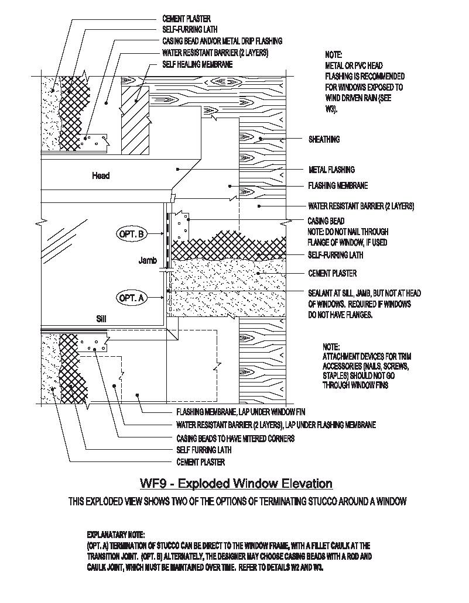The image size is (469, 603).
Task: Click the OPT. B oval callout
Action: click(132, 235)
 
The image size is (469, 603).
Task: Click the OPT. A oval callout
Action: click(132, 298)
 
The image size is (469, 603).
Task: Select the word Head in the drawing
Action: click(101, 175)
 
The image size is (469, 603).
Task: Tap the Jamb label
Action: click(148, 261)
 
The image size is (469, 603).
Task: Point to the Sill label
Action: click(103, 319)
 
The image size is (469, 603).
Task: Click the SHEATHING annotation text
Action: click(324, 140)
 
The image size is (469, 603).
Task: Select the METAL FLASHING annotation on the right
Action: click(331, 170)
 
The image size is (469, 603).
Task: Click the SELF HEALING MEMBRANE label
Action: click(197, 64)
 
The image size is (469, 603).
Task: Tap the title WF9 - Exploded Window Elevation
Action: click(236, 484)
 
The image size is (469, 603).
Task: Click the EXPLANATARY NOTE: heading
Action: click(115, 535)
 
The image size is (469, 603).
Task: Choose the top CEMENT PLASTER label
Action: click(186, 19)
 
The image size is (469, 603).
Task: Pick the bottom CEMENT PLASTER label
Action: click(200, 462)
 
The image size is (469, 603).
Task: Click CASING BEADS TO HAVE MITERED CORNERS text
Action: click(235, 438)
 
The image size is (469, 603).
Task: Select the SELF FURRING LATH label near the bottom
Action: click(204, 450)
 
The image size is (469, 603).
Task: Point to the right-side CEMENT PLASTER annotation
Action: click(332, 273)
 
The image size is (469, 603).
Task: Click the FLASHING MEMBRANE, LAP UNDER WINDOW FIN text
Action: click(241, 412)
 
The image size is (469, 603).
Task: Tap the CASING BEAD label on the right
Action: click(326, 221)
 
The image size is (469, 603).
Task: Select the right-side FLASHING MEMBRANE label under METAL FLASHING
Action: click(338, 186)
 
